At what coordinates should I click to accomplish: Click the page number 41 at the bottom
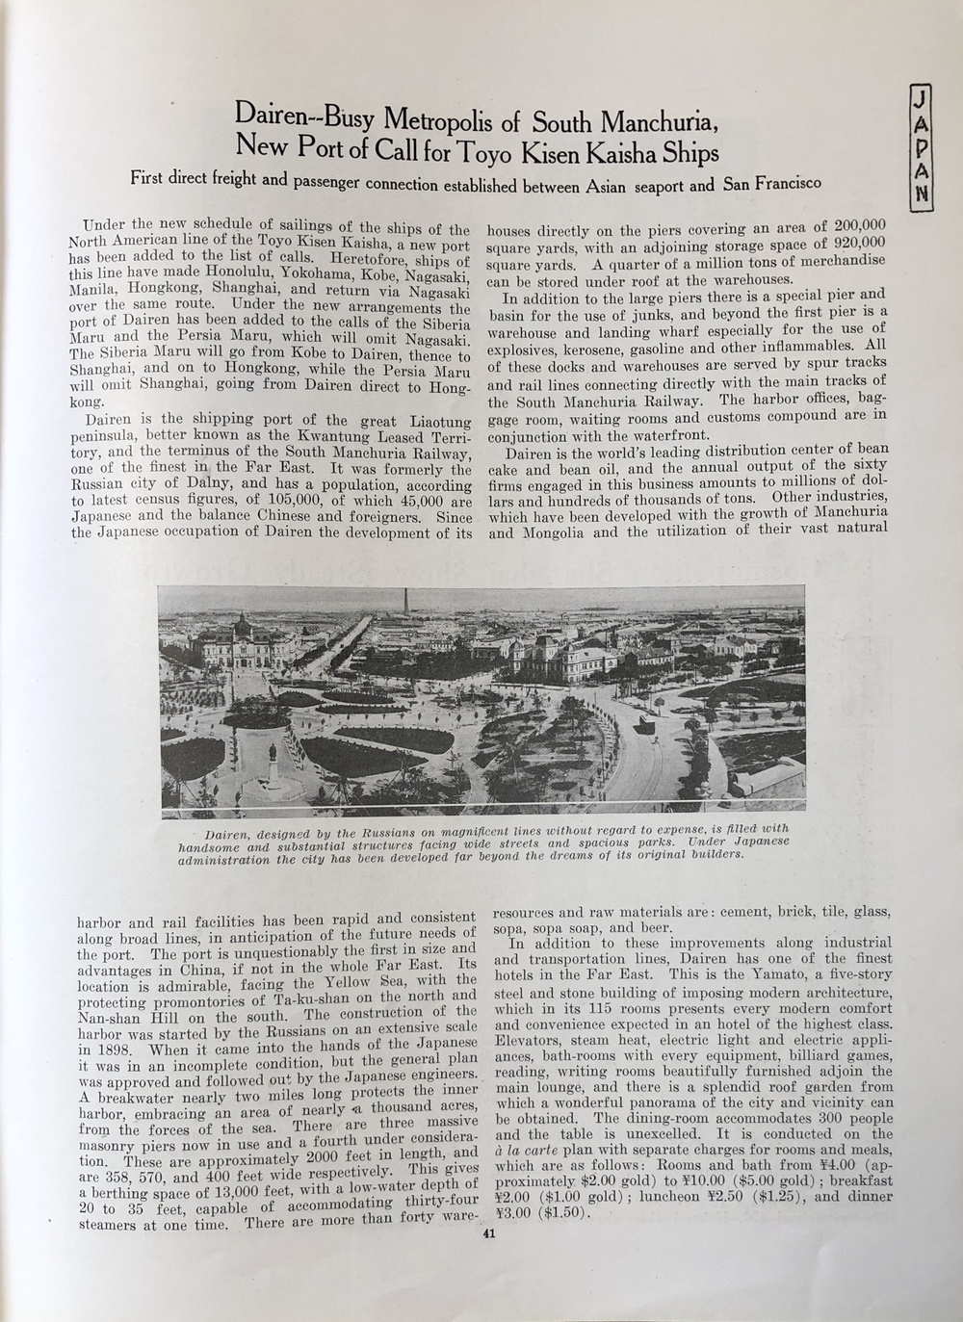pyautogui.click(x=488, y=1238)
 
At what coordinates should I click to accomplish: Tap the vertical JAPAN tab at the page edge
pyautogui.click(x=922, y=144)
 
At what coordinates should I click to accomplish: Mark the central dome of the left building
pyautogui.click(x=236, y=627)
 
